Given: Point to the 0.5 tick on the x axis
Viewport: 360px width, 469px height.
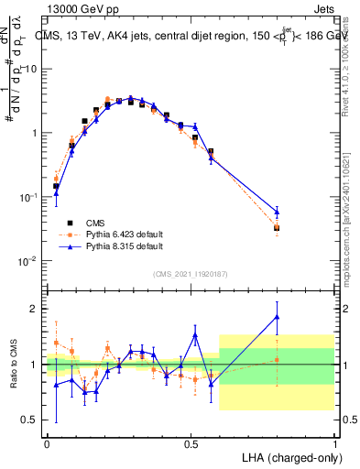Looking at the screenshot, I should tap(191, 442).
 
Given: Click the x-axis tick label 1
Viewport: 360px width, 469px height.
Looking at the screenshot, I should tap(334, 442).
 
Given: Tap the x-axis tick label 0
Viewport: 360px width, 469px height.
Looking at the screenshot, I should tap(47, 442).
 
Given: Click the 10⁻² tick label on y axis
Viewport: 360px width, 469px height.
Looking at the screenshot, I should tap(30, 261).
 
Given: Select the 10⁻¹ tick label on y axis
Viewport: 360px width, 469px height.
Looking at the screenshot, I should tap(30, 197).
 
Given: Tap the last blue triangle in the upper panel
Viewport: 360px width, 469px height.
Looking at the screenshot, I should tap(277, 212).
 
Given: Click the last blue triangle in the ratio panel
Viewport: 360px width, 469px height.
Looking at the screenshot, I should tap(277, 317).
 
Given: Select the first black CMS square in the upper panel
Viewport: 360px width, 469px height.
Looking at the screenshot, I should tap(56, 186).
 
